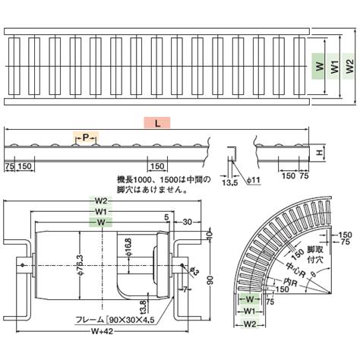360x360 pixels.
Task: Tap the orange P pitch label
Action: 86,137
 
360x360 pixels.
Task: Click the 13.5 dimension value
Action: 229,182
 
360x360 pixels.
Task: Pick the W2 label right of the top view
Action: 349,67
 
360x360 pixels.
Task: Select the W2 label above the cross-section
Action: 101,201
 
